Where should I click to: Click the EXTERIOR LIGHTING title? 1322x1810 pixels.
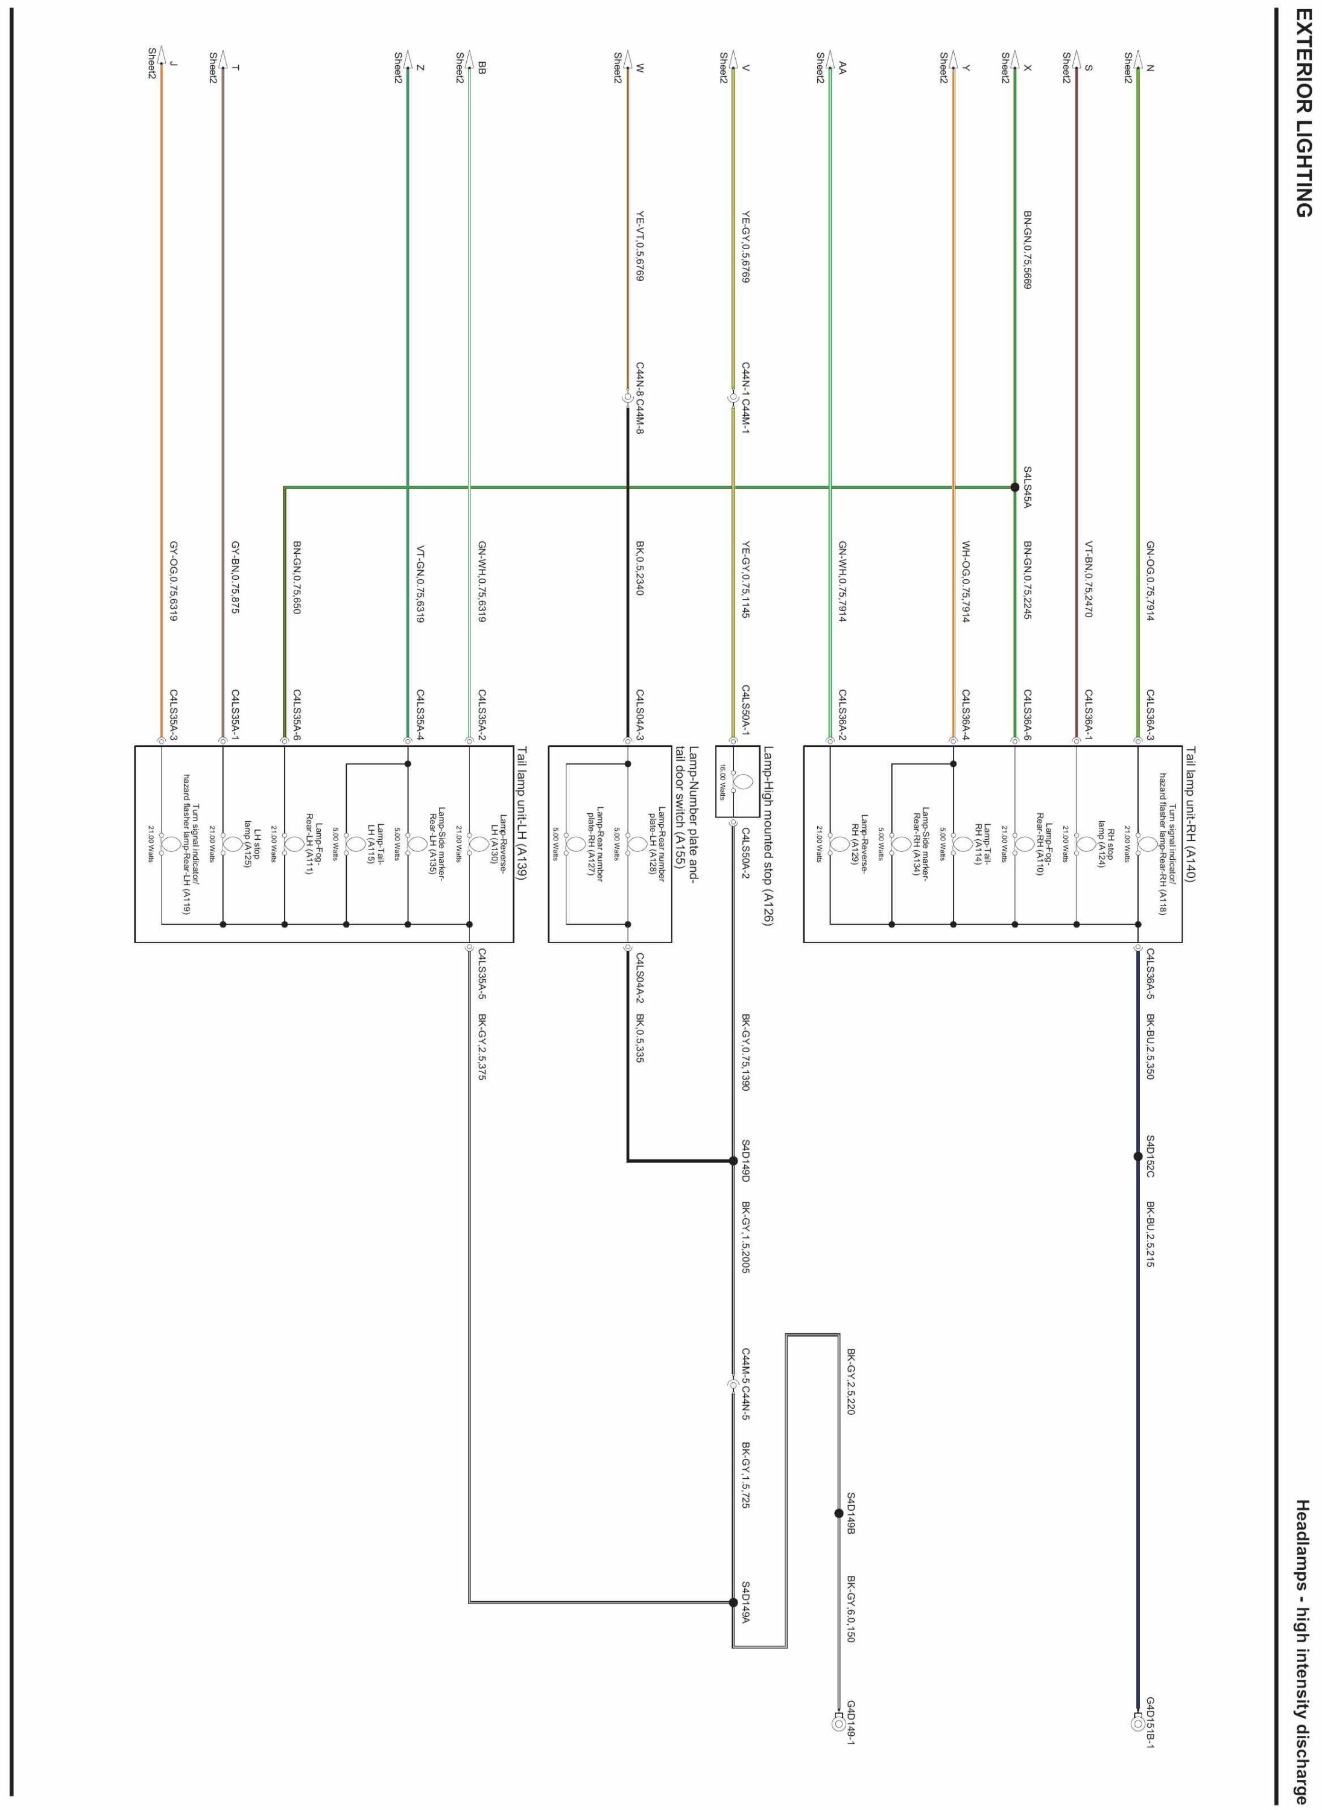[1303, 125]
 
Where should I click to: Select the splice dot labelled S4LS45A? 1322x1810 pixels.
[1014, 487]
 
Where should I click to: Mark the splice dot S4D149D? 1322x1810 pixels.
[733, 1161]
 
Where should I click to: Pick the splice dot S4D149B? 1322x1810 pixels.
[839, 1514]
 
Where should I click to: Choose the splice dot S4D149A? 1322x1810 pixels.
[733, 1602]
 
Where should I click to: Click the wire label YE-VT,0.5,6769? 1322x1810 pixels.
[640, 246]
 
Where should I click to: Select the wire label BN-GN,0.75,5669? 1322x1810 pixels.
[1028, 250]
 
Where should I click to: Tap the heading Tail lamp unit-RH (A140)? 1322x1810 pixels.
[1191, 814]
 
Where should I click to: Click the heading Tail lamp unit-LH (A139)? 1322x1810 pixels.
[522, 814]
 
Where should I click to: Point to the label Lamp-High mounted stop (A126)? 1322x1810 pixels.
[768, 837]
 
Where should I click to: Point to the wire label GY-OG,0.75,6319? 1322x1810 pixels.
[173, 581]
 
